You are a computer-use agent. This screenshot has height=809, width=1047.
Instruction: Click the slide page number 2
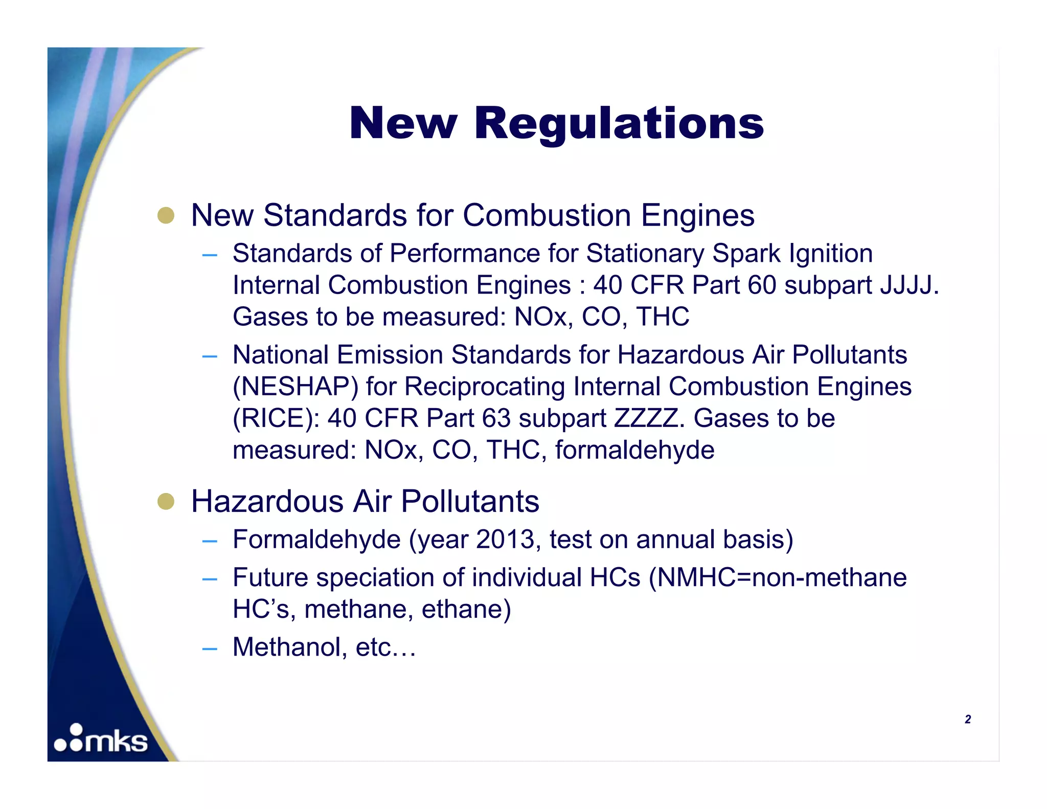click(x=967, y=720)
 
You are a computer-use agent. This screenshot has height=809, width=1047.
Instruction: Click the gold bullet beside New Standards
click(x=166, y=215)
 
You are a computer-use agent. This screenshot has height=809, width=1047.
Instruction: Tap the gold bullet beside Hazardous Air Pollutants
click(x=166, y=502)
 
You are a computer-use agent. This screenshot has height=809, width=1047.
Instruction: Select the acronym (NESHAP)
click(x=295, y=387)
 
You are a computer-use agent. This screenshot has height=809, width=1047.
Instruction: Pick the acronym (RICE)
click(x=277, y=418)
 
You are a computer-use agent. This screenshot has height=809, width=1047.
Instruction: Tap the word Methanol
click(x=287, y=647)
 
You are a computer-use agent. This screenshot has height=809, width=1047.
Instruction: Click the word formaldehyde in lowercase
click(x=634, y=450)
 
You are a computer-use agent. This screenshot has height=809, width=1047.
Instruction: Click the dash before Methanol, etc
click(x=210, y=649)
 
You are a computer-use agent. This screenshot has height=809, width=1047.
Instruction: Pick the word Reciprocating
click(x=484, y=387)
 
